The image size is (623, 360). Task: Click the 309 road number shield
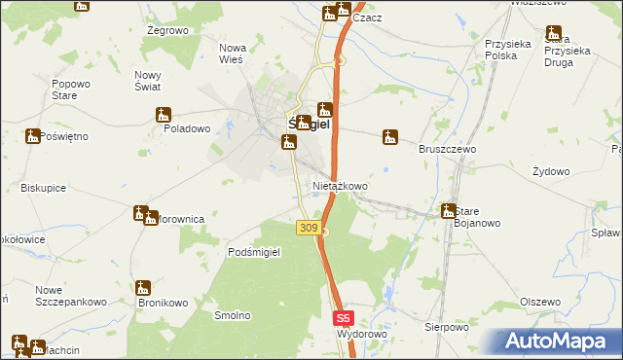pos(308,227)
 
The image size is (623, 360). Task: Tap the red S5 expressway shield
pos(343,317)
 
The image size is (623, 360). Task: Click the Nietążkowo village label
pos(340,186)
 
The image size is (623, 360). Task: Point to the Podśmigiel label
pos(254,252)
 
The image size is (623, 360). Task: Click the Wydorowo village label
pos(362,334)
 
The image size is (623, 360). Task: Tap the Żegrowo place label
pos(166,31)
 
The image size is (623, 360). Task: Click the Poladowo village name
pos(187,128)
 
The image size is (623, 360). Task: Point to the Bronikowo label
pos(163,303)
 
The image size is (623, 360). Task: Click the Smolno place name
pos(234,315)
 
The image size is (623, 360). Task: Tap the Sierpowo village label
pos(447,327)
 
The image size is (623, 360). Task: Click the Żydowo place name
pos(551,171)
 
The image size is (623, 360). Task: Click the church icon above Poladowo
pos(164,115)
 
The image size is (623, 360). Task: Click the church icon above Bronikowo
pos(143,288)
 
